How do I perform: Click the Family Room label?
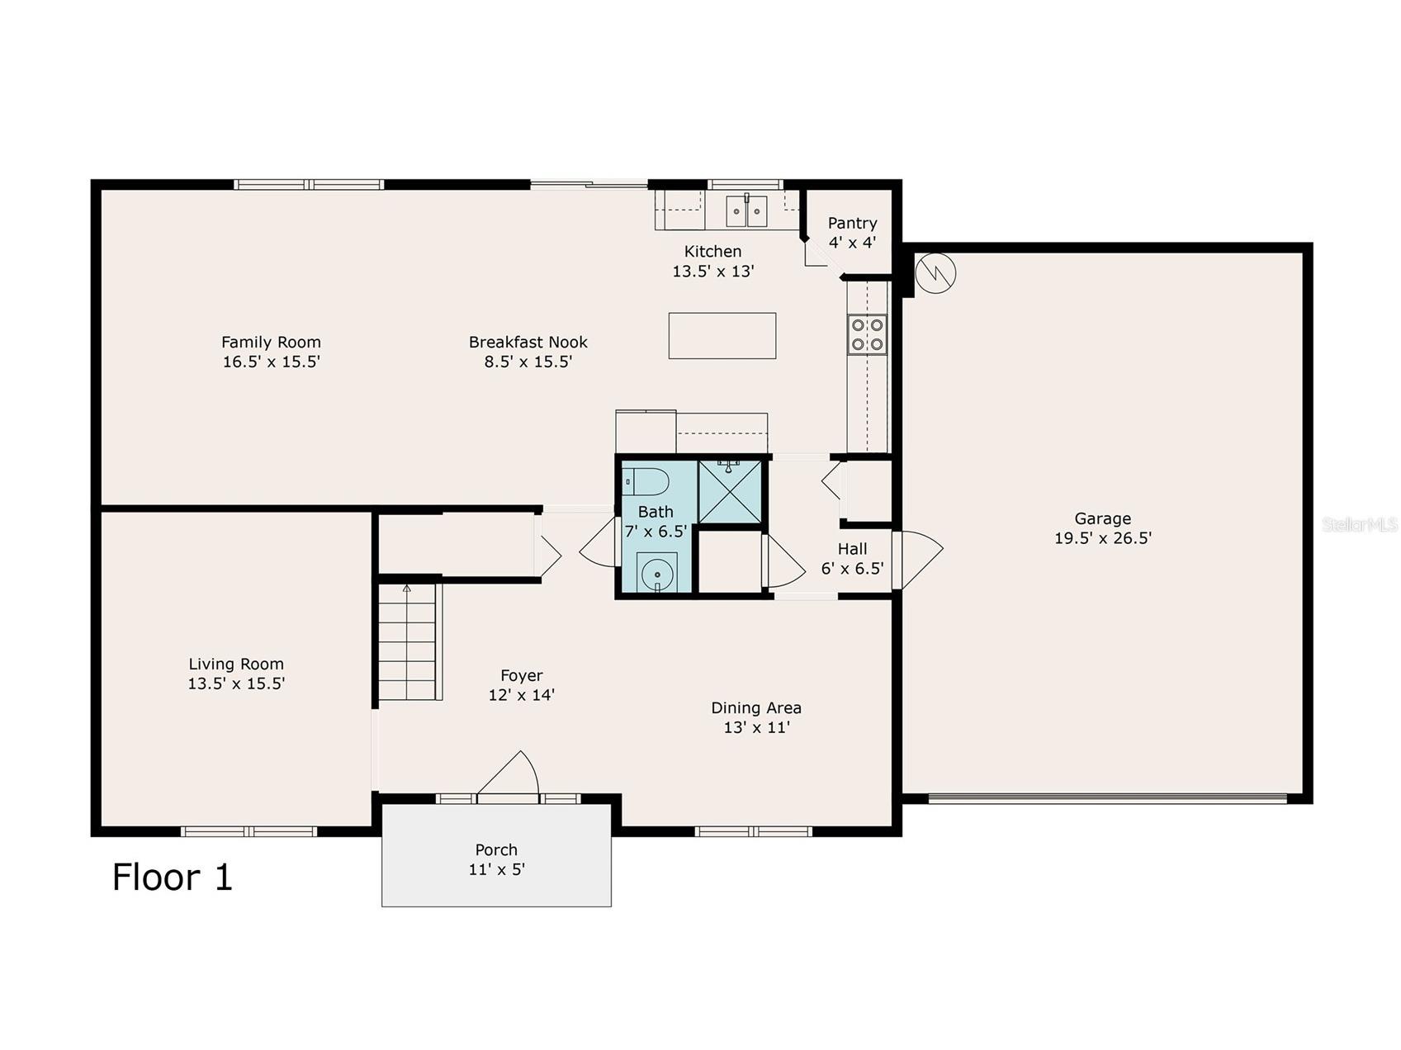[x=271, y=342]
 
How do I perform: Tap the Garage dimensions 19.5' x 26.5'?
[x=1103, y=538]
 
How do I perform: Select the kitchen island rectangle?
[x=722, y=336]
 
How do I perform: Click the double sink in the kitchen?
[x=747, y=210]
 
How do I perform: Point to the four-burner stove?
[x=868, y=335]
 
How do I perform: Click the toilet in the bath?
[x=644, y=480]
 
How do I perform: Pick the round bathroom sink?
[x=657, y=573]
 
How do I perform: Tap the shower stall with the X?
[x=730, y=492]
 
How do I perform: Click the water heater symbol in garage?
[x=935, y=271]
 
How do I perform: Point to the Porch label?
[x=496, y=849]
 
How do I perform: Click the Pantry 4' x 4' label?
[x=853, y=233]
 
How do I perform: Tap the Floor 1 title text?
[x=173, y=877]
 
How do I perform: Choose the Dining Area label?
[x=756, y=707]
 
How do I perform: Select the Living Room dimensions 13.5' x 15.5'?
[x=236, y=683]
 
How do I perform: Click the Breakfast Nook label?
[x=528, y=342]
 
